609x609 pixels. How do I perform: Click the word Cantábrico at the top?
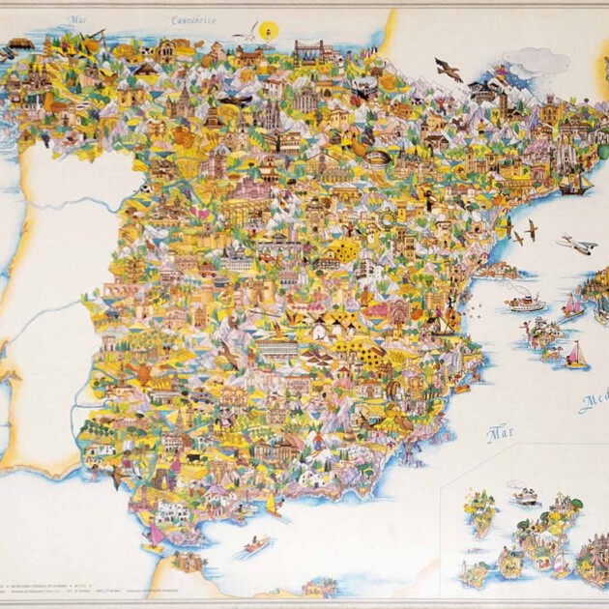pos(193,19)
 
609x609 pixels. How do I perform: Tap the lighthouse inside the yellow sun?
pos(271,29)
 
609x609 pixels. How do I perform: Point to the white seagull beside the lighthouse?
pos(248,30)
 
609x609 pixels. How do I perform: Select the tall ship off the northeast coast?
pos(576,184)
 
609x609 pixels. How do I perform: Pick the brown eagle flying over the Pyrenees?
pos(448,69)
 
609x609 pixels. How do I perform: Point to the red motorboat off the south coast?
pos(256,546)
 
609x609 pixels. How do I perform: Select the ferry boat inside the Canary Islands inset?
pos(524,498)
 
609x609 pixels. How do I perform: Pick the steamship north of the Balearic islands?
pos(526,303)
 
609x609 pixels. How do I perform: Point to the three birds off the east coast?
pos(517,231)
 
